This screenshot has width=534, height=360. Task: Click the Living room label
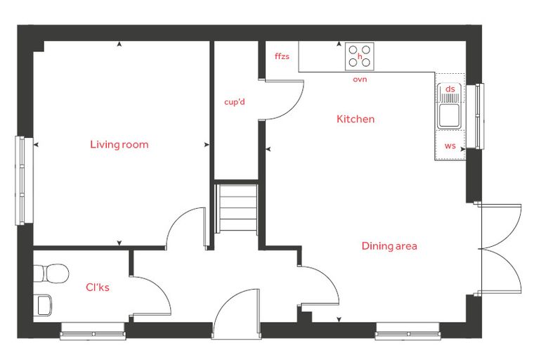click(119, 145)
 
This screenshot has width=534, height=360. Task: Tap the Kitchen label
click(356, 119)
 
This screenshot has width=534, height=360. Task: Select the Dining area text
click(389, 246)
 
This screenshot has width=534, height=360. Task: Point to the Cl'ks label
click(98, 288)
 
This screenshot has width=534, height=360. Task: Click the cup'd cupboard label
click(235, 102)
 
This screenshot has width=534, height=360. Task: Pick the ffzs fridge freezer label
click(282, 56)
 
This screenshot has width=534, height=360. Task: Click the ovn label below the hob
click(360, 79)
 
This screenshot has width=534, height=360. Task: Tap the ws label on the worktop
click(450, 146)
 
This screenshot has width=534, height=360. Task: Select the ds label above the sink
click(450, 89)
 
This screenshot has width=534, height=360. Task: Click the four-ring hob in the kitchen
click(360, 56)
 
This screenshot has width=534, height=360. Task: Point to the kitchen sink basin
click(449, 115)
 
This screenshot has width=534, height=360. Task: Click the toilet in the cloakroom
click(51, 273)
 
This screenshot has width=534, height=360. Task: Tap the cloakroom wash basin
click(43, 304)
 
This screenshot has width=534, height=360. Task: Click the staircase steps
click(237, 208)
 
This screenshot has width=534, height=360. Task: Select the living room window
click(24, 181)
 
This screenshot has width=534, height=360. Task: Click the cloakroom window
click(93, 331)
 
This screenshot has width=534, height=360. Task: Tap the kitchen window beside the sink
click(475, 116)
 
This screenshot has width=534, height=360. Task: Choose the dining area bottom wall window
click(408, 331)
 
